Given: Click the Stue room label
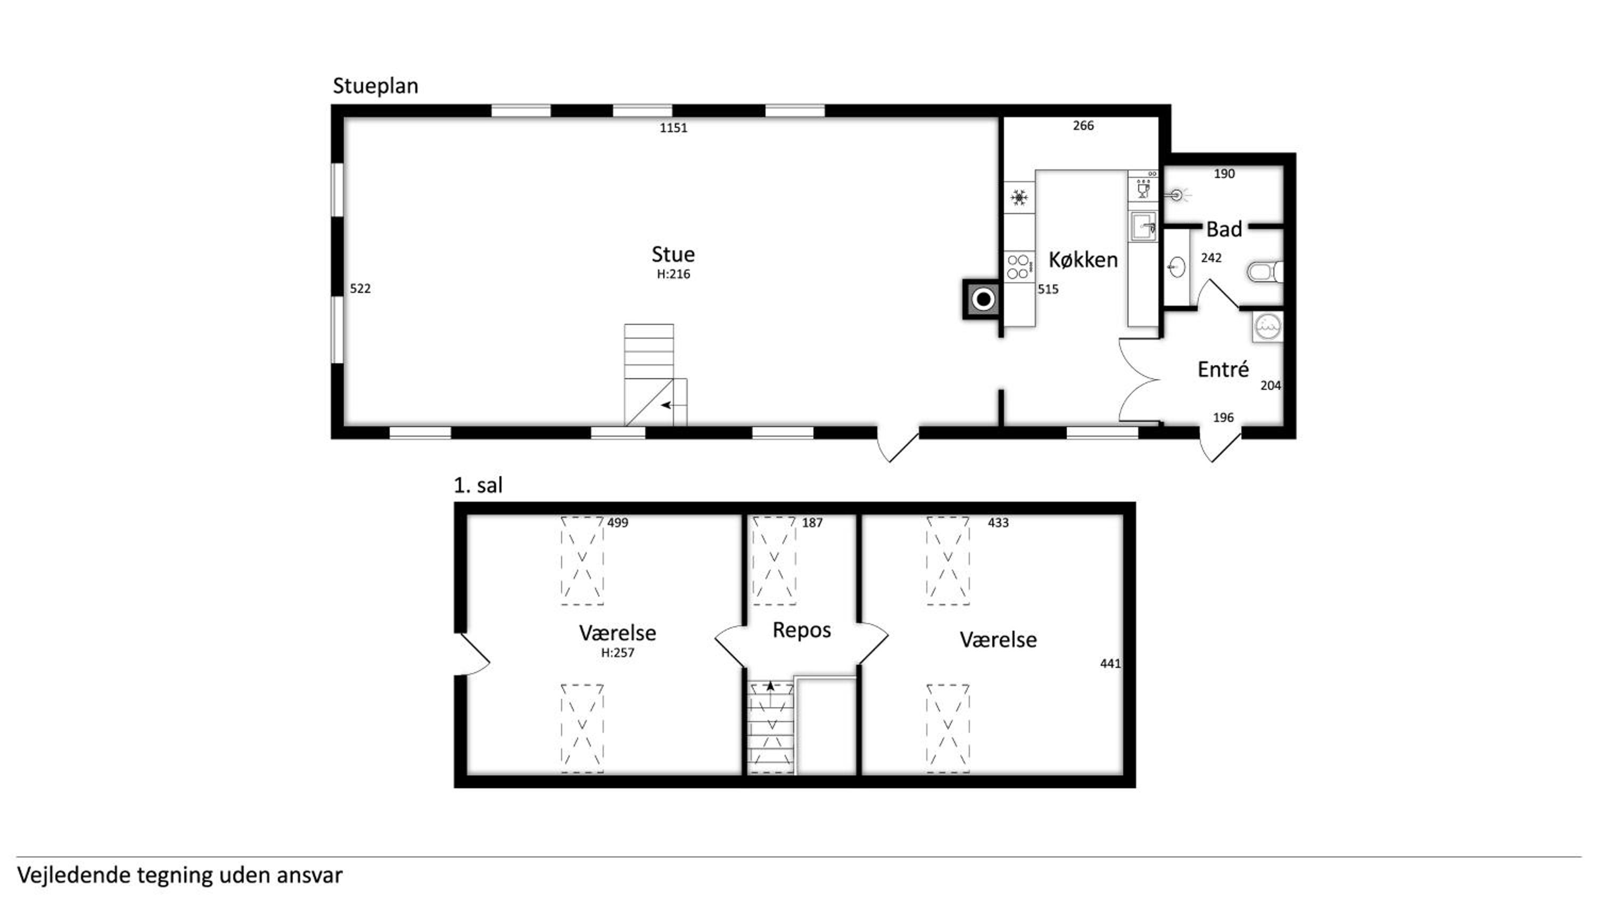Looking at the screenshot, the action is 673,255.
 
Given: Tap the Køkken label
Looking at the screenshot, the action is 1083,259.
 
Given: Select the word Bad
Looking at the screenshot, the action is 1224,229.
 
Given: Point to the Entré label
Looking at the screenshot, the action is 1223,369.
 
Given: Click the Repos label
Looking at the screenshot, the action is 802,631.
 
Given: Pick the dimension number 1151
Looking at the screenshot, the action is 673,128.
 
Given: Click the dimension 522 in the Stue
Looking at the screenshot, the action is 360,289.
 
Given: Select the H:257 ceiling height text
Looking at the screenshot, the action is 618,653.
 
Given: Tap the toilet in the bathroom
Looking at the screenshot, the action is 1265,272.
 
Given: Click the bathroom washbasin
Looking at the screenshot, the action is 1176,267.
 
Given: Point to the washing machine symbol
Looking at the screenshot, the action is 1267,326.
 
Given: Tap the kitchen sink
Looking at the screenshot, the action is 1142,226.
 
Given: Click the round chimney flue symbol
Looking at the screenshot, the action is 983,300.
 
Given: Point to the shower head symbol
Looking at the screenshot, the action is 1176,195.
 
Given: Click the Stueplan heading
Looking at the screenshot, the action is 375,86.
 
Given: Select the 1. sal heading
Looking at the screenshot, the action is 478,485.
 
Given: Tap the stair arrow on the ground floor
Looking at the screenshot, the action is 666,405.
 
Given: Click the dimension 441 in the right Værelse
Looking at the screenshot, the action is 1110,664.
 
